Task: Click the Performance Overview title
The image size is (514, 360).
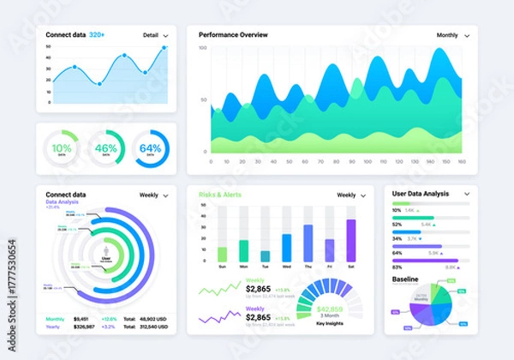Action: click(233, 35)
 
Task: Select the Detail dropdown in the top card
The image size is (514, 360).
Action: click(155, 36)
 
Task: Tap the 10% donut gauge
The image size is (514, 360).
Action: click(62, 148)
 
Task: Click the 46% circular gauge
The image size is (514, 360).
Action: click(105, 148)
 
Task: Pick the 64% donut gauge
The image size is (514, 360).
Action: click(151, 148)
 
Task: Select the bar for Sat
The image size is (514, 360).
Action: click(350, 240)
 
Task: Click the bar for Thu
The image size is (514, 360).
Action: click(308, 243)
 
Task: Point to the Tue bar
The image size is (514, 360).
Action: click(265, 255)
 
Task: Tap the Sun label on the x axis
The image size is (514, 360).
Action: click(223, 267)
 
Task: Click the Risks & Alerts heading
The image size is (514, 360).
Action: click(220, 195)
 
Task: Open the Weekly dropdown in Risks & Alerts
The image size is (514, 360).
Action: click(350, 195)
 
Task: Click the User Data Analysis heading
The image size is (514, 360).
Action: click(421, 194)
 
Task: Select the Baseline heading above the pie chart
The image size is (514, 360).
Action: click(406, 279)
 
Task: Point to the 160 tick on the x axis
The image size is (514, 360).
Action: click(461, 160)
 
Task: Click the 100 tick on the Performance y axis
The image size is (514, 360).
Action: click(204, 49)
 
